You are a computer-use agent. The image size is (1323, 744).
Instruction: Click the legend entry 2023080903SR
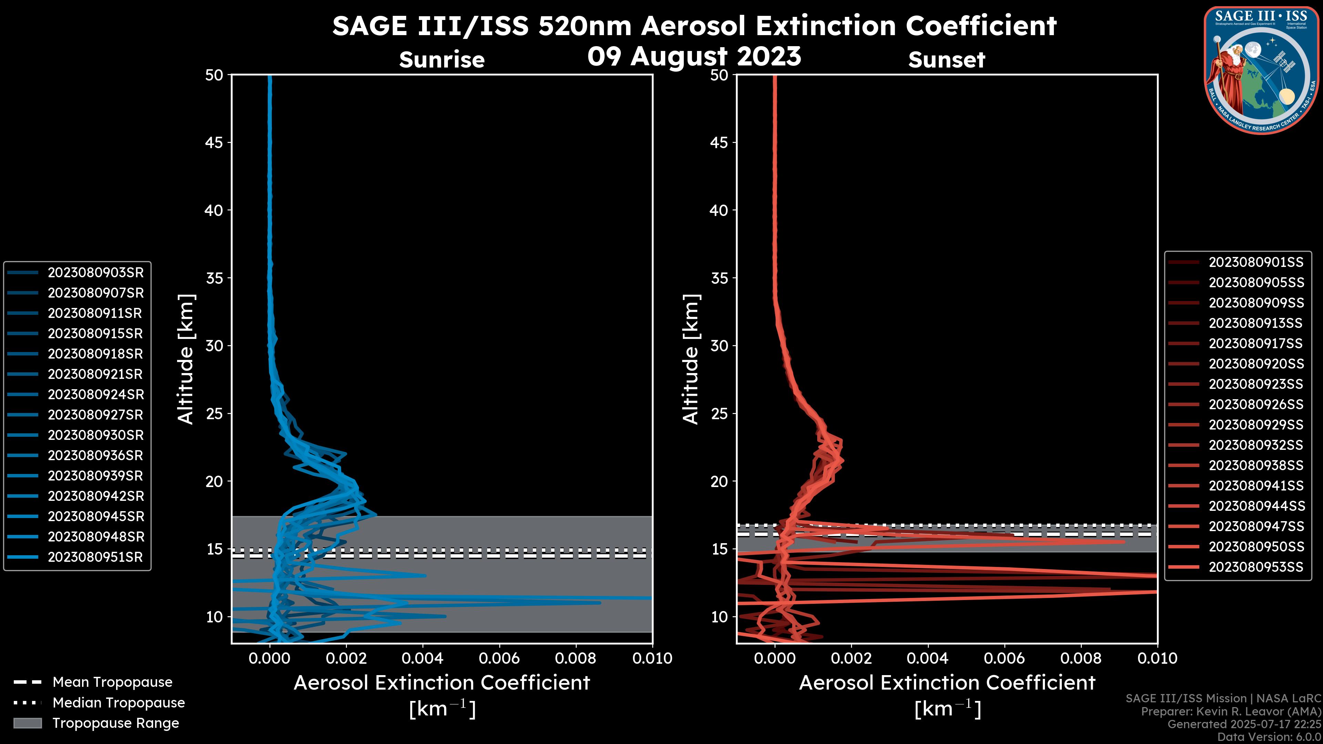[x=95, y=273]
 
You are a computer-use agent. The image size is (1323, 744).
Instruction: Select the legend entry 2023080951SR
[x=95, y=557]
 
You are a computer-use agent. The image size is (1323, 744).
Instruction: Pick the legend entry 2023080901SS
[x=1256, y=262]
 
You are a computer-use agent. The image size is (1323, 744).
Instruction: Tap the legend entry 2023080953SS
[x=1256, y=567]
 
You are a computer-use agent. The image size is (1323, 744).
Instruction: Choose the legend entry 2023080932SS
[x=1256, y=445]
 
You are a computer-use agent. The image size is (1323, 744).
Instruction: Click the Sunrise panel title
[x=442, y=60]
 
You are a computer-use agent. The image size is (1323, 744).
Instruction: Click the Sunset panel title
[x=946, y=60]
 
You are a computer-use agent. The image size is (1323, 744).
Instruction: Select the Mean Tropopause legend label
[x=112, y=682]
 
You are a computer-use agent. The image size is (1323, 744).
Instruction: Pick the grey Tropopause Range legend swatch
[x=28, y=723]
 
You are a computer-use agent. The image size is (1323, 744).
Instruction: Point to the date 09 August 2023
[x=694, y=56]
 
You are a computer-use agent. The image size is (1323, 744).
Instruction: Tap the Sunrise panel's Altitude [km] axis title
[x=185, y=359]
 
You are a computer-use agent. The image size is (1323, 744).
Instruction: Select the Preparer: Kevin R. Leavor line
[x=1231, y=712]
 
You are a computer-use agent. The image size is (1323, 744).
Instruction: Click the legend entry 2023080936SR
[x=95, y=455]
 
